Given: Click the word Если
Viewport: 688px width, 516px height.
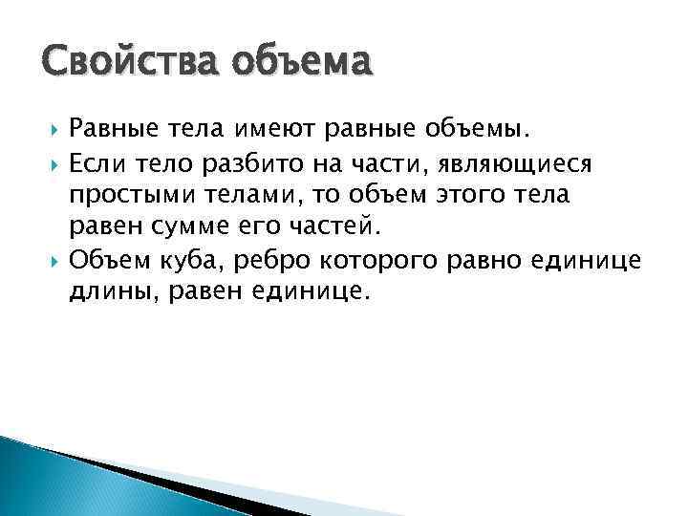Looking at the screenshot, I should point(99,162).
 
